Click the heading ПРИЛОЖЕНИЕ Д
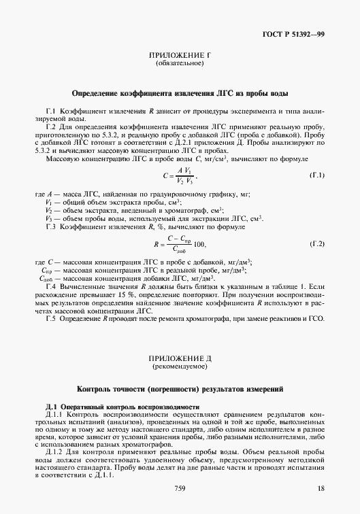180,358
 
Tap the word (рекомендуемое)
180,366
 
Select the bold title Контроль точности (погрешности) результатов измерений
180,390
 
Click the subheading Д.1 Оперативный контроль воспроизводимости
122,407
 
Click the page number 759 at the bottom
180,489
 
